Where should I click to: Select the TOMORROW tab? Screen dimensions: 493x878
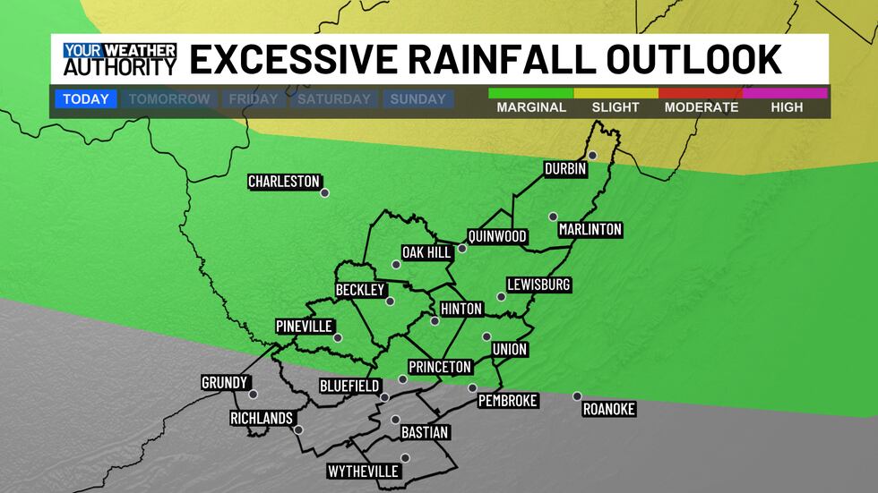pos(169,99)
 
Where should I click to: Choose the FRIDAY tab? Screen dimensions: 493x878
pos(253,99)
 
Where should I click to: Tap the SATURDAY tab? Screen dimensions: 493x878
pos(334,99)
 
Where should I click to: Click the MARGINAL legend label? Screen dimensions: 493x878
pos(531,107)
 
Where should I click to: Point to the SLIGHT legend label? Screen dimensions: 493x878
pos(615,107)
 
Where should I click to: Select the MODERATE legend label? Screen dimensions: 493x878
pos(702,107)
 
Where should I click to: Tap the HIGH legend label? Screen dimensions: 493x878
pos(786,107)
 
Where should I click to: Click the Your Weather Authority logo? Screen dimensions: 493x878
pos(119,59)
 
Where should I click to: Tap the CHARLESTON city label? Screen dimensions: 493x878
pos(284,182)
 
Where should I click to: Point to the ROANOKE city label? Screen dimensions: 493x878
pos(609,409)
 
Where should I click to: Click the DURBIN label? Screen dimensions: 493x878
pos(565,168)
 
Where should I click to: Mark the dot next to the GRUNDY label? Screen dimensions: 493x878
pos(253,394)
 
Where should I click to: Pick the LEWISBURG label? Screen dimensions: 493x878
pos(538,285)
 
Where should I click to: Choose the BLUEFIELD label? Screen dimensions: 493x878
pos(349,387)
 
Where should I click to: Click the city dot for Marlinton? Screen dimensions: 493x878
pos(554,217)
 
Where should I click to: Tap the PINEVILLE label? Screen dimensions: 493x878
pos(305,326)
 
